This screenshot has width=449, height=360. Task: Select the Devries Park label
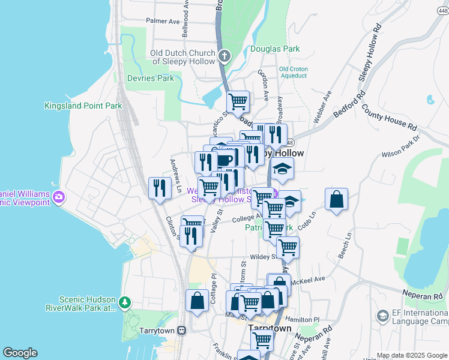[151, 78]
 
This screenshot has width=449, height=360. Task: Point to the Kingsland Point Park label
[83, 106]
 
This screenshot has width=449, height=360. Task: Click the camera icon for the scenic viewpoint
[59, 196]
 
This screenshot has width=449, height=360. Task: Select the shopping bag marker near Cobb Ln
[337, 199]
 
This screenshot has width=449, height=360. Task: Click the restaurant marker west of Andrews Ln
[159, 188]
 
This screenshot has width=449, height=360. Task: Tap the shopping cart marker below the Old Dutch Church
[238, 101]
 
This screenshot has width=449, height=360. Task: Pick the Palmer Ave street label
[163, 21]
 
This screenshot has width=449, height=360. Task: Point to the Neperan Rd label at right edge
[423, 297]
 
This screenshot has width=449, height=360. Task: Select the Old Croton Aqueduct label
[294, 73]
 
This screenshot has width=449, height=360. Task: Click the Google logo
[20, 353]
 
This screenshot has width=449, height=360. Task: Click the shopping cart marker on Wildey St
[288, 247]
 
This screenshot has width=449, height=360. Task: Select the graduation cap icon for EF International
[382, 315]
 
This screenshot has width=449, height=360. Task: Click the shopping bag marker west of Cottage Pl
[197, 300]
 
